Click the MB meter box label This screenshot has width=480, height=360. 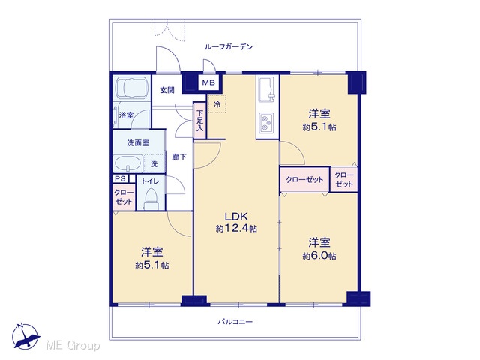pyautogui.click(x=208, y=82)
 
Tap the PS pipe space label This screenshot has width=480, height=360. pyautogui.click(x=120, y=178)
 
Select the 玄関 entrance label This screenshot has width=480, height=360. pyautogui.click(x=167, y=90)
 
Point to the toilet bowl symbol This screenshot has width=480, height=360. pyautogui.click(x=150, y=199)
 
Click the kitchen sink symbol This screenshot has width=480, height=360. pyautogui.click(x=267, y=89)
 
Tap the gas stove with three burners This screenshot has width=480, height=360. pyautogui.click(x=267, y=123)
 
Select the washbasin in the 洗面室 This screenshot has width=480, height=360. pyautogui.click(x=128, y=164)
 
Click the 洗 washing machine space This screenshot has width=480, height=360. pyautogui.click(x=154, y=164)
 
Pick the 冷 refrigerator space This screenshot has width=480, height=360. pyautogui.click(x=217, y=103)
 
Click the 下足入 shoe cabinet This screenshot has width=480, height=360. pyautogui.click(x=199, y=120)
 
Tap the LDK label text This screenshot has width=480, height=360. pyautogui.click(x=236, y=217)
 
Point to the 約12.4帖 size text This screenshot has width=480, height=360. pyautogui.click(x=236, y=228)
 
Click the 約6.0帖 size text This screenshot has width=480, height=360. pyautogui.click(x=319, y=256)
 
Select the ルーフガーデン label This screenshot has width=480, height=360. pyautogui.click(x=229, y=46)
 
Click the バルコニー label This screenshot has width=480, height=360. pyautogui.click(x=235, y=322)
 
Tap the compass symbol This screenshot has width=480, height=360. pyautogui.click(x=25, y=336)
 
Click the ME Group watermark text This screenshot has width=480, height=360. pyautogui.click(x=73, y=346)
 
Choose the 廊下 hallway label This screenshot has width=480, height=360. pyautogui.click(x=179, y=157)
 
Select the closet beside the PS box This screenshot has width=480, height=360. pyautogui.click(x=124, y=197)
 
